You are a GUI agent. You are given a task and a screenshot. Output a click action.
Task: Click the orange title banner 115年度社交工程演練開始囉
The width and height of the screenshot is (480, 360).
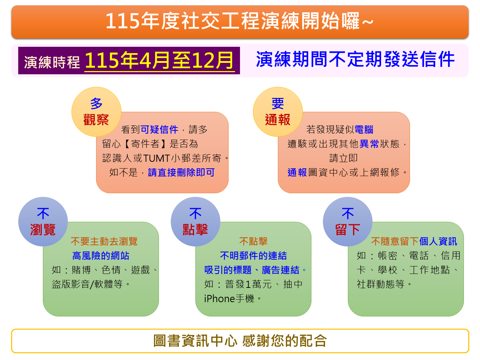(240, 21)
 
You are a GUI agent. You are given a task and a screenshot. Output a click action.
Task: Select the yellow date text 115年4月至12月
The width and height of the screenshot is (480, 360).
(159, 60)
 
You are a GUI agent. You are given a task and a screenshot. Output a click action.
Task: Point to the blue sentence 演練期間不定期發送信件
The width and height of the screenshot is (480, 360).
(355, 59)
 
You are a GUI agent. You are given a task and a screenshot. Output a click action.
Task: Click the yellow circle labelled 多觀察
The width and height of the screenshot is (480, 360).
(96, 112)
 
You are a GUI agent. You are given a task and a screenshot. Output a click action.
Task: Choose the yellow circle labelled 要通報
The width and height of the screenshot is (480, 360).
(277, 112)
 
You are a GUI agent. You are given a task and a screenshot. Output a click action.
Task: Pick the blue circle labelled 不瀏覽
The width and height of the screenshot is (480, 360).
(43, 222)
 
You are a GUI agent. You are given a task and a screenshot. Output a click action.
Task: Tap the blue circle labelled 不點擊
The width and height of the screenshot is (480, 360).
(195, 222)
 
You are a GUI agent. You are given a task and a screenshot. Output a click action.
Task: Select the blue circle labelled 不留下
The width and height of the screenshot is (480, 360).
(347, 222)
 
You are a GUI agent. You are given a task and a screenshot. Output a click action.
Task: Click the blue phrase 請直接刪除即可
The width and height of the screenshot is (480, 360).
(181, 172)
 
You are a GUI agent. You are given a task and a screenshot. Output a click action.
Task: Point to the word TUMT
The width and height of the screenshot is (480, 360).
(156, 158)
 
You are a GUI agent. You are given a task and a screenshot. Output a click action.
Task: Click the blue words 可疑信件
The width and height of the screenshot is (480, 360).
(159, 129)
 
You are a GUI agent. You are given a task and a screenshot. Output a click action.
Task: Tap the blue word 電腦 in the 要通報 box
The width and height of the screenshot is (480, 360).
(364, 129)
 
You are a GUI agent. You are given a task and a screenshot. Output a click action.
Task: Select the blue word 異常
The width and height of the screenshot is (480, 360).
(369, 144)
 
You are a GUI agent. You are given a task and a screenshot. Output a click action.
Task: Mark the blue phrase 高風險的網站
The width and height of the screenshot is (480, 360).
(101, 256)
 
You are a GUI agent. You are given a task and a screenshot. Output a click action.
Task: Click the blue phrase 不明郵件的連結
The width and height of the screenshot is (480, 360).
(253, 256)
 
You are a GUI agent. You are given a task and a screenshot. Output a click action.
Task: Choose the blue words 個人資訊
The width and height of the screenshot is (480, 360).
(438, 241)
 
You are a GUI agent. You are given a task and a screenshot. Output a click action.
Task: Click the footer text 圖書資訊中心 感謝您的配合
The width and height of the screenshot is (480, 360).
(240, 341)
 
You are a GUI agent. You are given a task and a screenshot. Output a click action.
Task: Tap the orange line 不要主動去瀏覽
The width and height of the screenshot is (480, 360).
(104, 241)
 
